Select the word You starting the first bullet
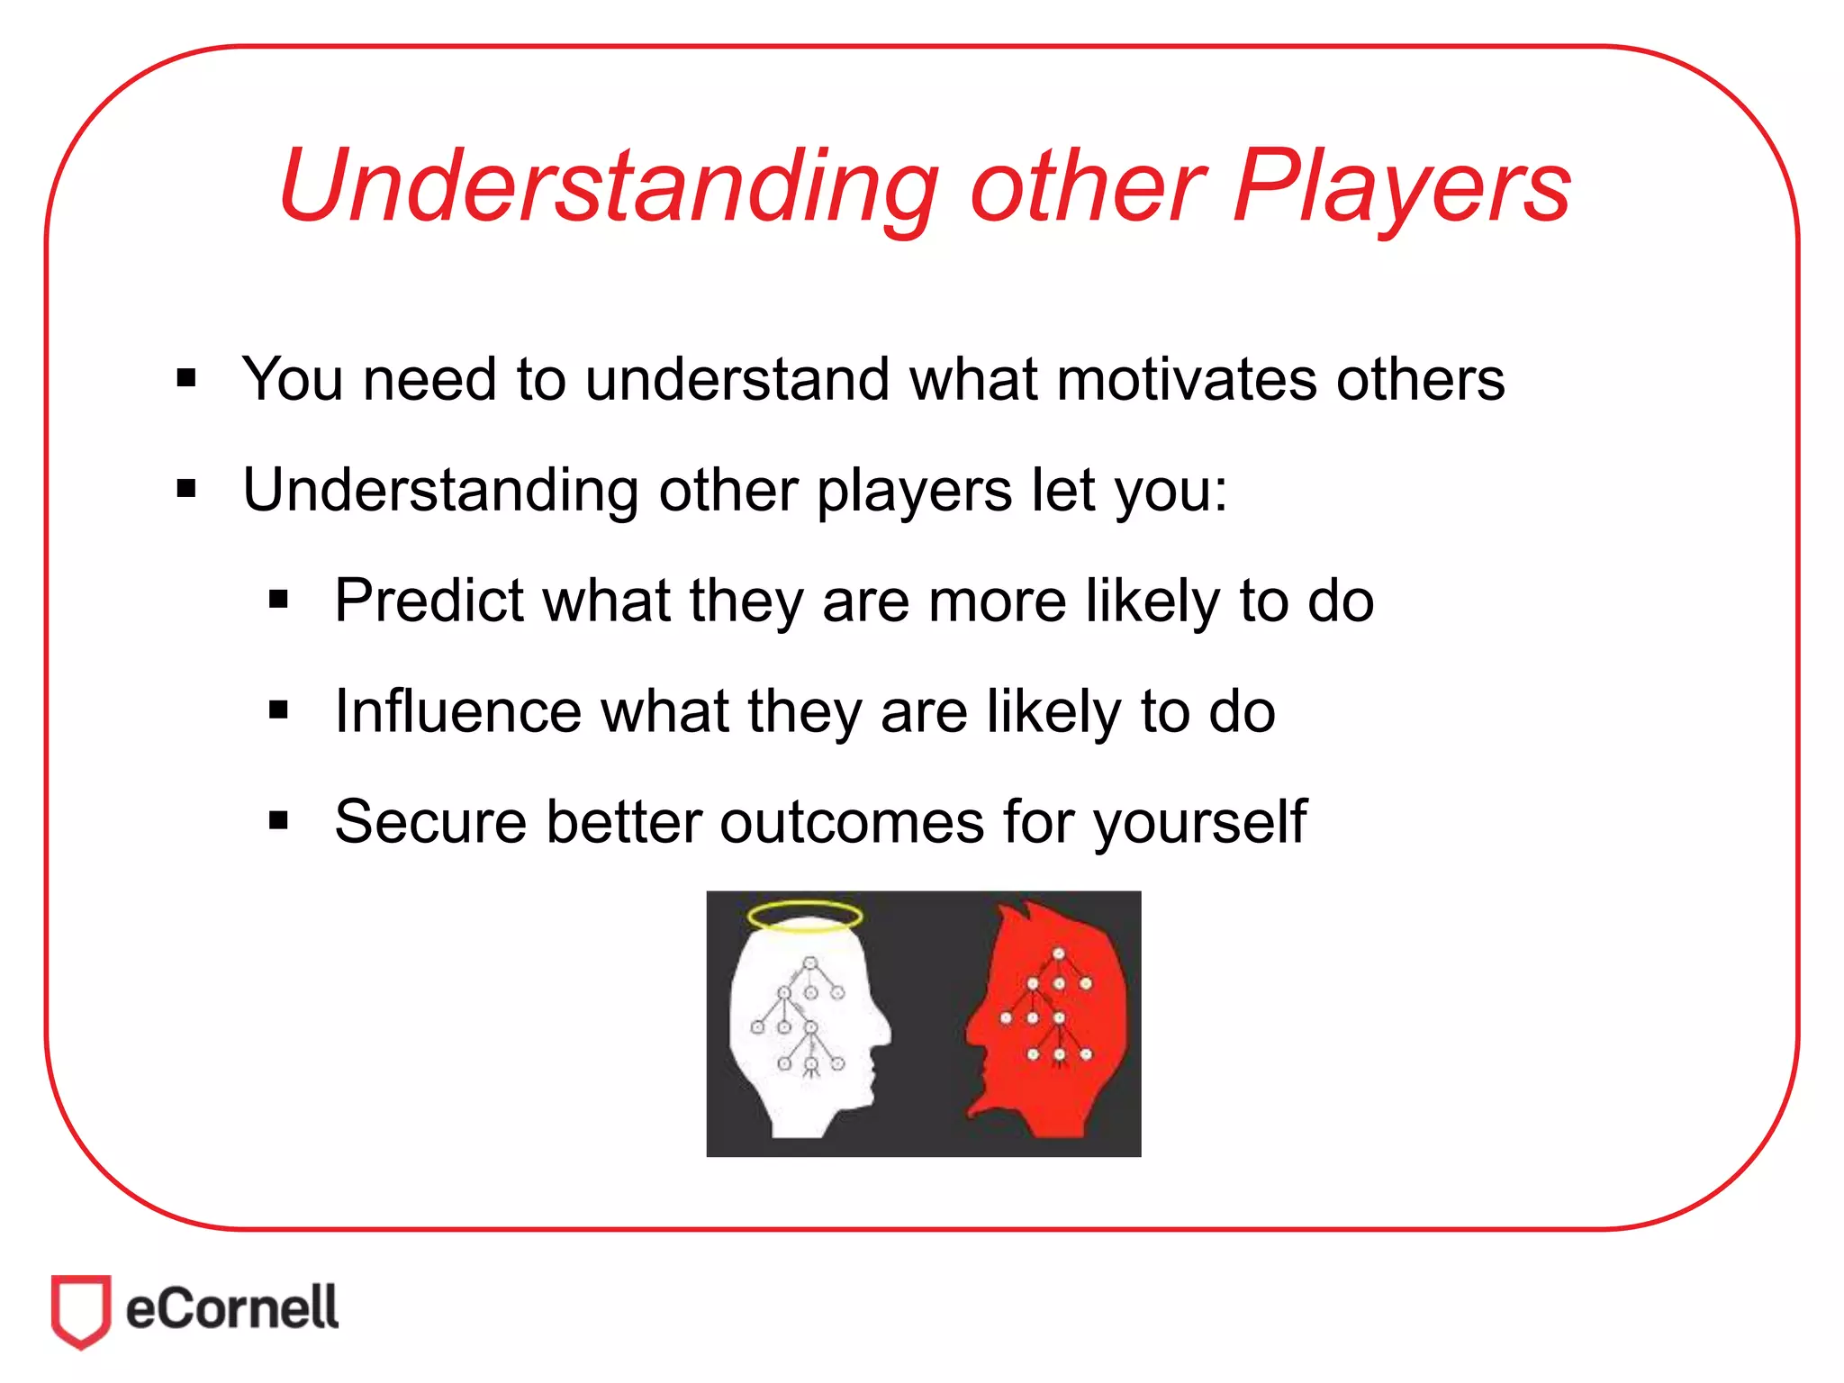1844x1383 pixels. coord(293,380)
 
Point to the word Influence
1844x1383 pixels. coord(456,712)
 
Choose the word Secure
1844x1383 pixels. coord(430,823)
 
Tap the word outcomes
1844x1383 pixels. coord(852,823)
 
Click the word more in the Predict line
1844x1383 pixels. coord(997,601)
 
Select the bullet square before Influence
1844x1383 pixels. coord(278,711)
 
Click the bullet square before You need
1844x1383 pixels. coord(186,378)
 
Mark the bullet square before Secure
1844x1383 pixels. coord(278,821)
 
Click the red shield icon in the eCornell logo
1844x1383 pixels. coord(81,1309)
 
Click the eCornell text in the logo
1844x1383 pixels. coord(232,1309)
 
